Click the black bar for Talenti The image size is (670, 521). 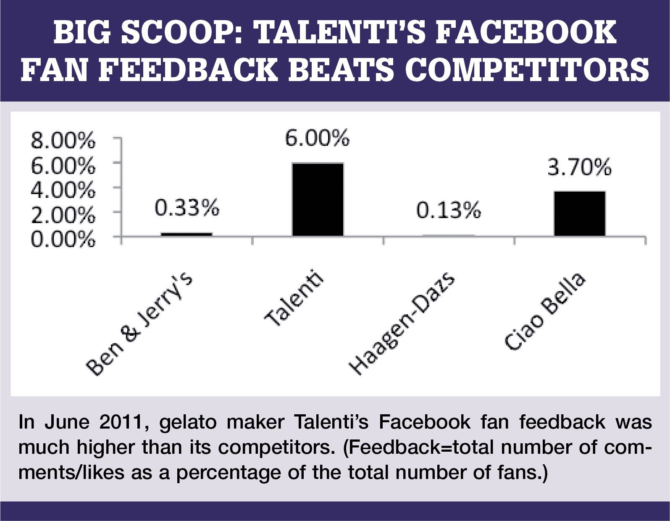[318, 200]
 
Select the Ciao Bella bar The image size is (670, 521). [580, 213]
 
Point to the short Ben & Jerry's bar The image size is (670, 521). [187, 234]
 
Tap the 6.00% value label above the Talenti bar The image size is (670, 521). [317, 138]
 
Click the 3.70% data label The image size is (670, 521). [579, 167]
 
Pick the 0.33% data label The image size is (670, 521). [187, 208]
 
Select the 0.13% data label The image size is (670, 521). [449, 210]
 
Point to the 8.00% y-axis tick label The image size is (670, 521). [63, 141]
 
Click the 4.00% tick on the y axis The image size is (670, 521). [63, 190]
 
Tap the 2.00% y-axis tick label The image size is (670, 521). [63, 215]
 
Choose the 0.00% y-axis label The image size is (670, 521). [63, 239]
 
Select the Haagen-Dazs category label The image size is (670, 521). [402, 324]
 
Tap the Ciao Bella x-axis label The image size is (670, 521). [545, 311]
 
